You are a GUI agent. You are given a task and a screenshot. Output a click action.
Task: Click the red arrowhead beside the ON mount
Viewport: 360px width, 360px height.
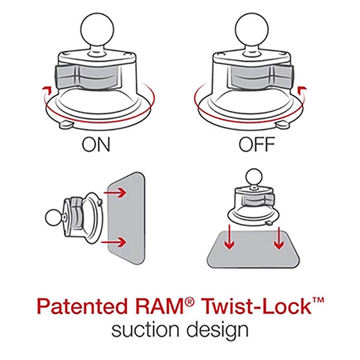coord(43,89)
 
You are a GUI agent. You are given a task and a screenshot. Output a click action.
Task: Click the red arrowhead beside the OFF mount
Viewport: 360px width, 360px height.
coord(305,89)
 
